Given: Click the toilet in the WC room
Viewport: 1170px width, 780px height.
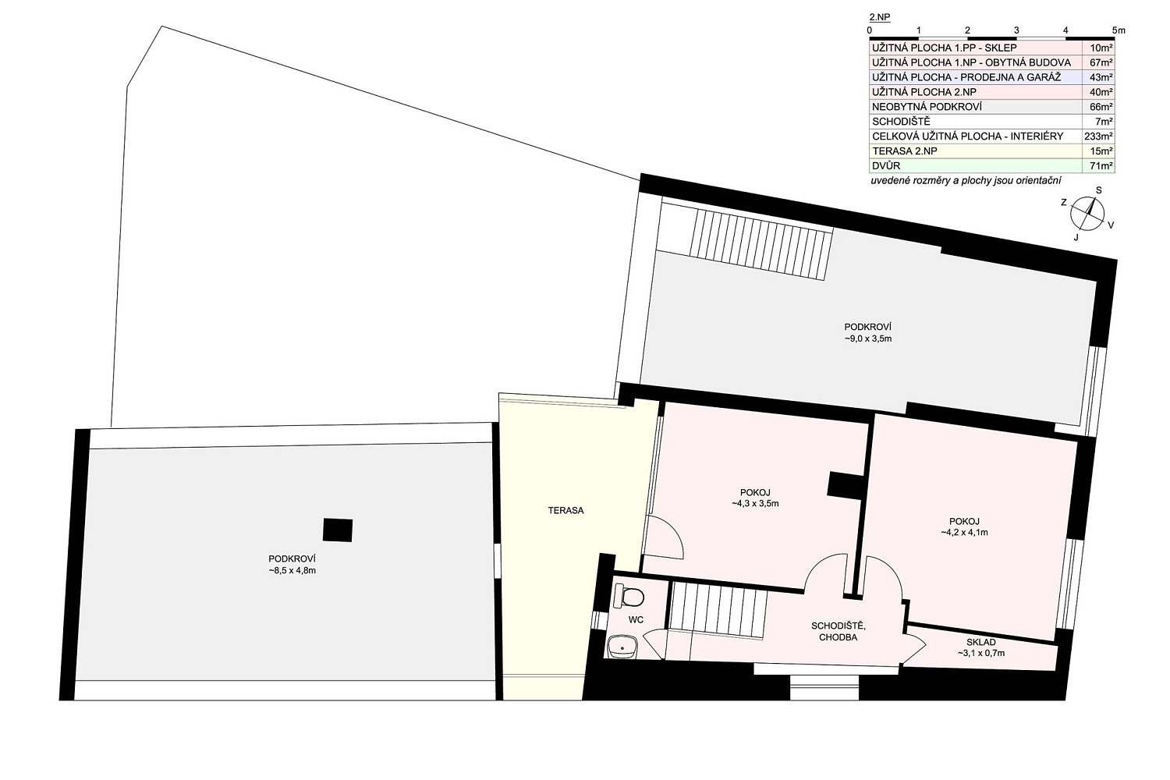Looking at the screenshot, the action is tap(629, 596).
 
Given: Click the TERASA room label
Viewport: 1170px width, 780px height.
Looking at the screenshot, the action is tap(565, 510).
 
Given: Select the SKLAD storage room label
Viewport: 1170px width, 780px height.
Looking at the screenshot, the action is tap(981, 642).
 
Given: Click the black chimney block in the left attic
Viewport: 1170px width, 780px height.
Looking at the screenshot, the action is tap(338, 530).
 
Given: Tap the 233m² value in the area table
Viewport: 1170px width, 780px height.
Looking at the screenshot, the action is tap(1098, 136).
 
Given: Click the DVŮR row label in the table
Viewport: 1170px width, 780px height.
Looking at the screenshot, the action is tap(886, 166).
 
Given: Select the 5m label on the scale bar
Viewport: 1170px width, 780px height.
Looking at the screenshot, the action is tap(1119, 30).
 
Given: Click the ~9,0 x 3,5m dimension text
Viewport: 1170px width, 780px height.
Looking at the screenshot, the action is tap(867, 339).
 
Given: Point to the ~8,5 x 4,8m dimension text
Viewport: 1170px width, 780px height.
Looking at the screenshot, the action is tap(292, 570).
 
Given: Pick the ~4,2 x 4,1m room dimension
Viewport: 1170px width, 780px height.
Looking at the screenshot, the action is tap(964, 533).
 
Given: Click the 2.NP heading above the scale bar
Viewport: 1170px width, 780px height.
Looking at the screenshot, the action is tap(880, 17).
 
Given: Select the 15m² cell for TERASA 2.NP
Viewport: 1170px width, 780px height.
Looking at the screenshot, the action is tap(1100, 151).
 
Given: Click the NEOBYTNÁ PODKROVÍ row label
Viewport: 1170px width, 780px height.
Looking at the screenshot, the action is tap(927, 107).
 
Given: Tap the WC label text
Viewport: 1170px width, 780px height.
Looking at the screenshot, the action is tap(636, 619).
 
